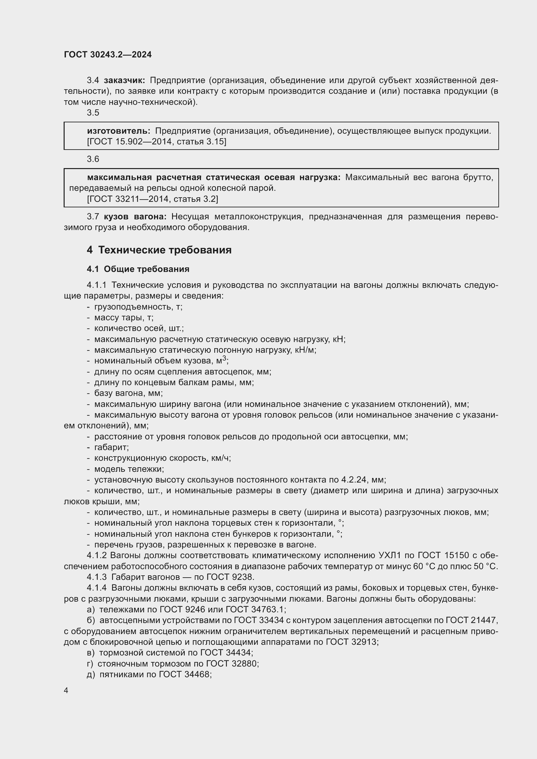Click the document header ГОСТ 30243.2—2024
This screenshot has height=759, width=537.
pyautogui.click(x=108, y=55)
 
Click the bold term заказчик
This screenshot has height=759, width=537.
pyautogui.click(x=124, y=80)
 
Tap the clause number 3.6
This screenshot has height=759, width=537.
pyautogui.click(x=93, y=159)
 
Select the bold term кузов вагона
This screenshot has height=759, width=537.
pyautogui.click(x=135, y=217)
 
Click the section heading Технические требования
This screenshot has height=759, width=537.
pyautogui.click(x=165, y=250)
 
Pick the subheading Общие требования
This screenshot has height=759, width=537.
pyautogui.click(x=146, y=269)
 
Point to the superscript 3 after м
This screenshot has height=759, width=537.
pyautogui.click(x=224, y=358)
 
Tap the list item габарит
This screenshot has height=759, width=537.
pyautogui.click(x=111, y=447)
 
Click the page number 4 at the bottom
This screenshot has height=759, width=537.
pyautogui.click(x=66, y=691)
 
